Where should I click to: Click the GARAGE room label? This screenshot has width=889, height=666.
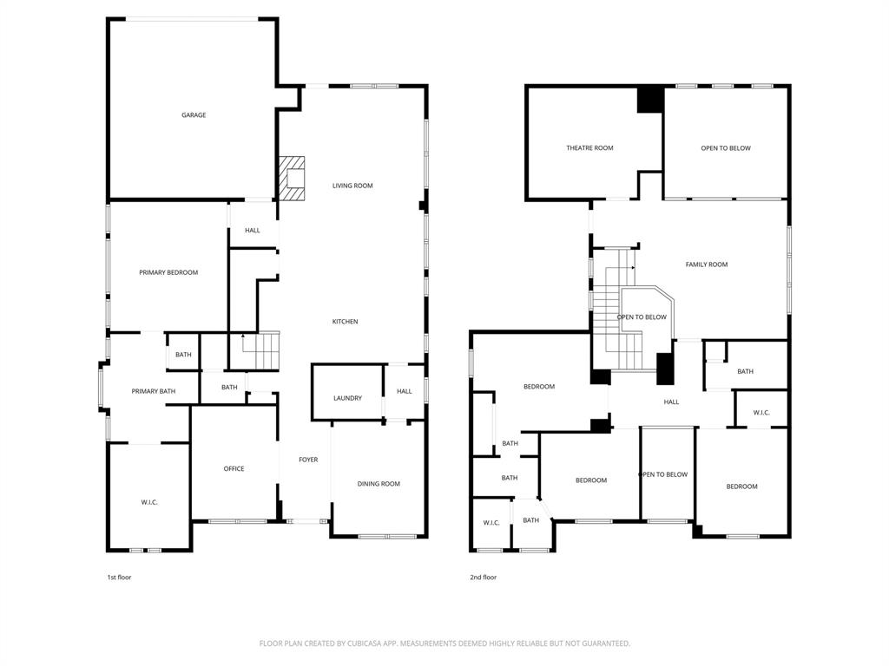194,115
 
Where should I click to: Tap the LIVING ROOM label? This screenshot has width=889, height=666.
352,186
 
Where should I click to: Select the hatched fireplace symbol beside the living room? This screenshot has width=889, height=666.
293,179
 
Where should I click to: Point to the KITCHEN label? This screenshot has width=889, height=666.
345,322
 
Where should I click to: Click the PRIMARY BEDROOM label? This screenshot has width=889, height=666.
168,272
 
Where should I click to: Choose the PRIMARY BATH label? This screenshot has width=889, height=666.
154,391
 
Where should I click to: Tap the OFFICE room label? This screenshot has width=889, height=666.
234,469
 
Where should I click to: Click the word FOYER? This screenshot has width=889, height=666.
308,460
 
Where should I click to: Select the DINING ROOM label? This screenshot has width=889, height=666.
379,484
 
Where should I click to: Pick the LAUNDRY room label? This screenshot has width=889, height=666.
347,398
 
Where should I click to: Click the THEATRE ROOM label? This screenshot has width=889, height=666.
589,148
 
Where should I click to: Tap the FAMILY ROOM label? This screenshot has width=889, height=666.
707,264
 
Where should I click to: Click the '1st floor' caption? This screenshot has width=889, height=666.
119,577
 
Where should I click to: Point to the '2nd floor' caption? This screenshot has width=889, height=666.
484,577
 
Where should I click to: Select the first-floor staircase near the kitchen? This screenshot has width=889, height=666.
260,350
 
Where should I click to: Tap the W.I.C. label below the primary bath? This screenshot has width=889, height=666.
149,503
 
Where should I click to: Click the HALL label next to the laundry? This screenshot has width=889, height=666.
405,391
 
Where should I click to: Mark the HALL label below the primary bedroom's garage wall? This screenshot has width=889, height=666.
252,231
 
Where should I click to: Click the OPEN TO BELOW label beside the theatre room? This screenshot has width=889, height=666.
726,148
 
